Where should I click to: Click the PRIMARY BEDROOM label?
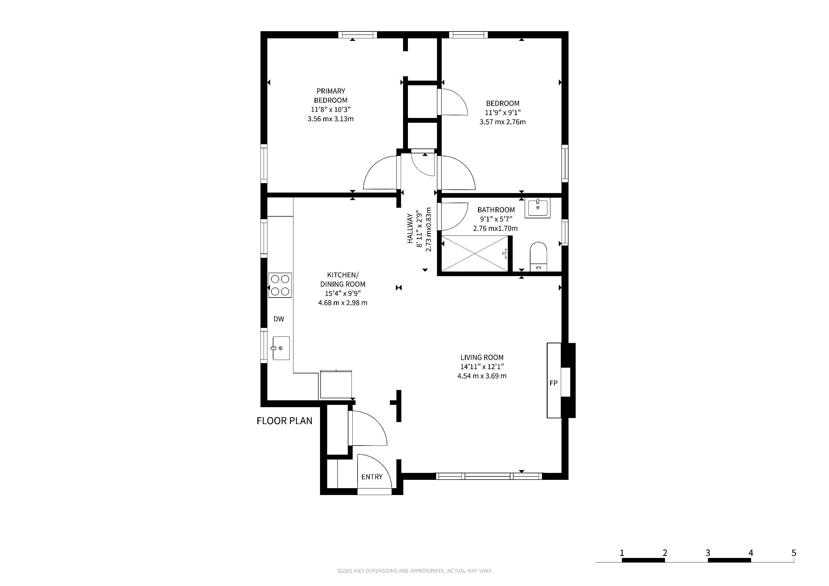pos(330,96)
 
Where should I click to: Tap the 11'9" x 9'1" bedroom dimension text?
pos(503,112)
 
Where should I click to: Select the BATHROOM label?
pos(496,210)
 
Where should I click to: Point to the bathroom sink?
pos(538,208)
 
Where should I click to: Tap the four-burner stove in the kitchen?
pos(280,285)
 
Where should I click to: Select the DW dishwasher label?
pos(279,319)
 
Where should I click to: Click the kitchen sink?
pos(281,348)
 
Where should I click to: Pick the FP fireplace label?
pos(554,383)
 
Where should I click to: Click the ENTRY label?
pos(372,477)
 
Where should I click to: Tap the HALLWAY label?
pos(410,228)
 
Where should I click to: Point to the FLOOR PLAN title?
pos(285,421)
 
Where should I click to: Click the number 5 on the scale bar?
pos(794,553)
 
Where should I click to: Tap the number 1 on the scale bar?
pos(622,553)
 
